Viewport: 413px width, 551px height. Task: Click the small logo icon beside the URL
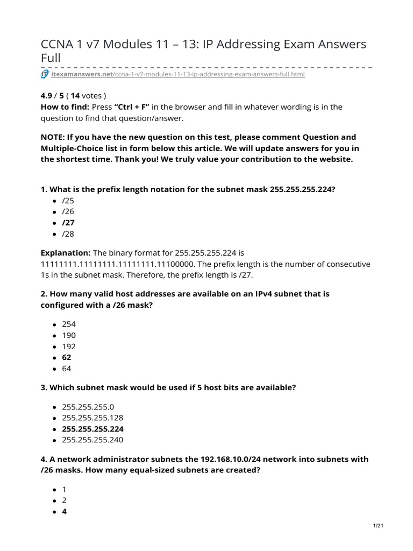coord(45,74)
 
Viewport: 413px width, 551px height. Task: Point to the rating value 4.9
coord(47,96)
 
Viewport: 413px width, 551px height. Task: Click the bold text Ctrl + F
coord(132,107)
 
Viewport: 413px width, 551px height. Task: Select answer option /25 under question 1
coord(68,201)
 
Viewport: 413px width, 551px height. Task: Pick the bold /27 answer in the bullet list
coord(68,223)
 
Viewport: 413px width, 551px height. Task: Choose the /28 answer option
coord(68,234)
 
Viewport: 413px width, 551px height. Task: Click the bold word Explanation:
coord(66,253)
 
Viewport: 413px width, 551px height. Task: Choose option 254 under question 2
coord(69,324)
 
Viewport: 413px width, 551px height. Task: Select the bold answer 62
coord(67,357)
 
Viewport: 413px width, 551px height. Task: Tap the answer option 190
coord(69,335)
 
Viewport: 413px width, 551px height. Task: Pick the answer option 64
coord(67,369)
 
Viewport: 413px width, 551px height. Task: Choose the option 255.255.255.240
coord(92,440)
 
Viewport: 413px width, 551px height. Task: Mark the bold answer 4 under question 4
coord(65,512)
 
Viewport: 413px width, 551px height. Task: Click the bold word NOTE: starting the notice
coord(53,137)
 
